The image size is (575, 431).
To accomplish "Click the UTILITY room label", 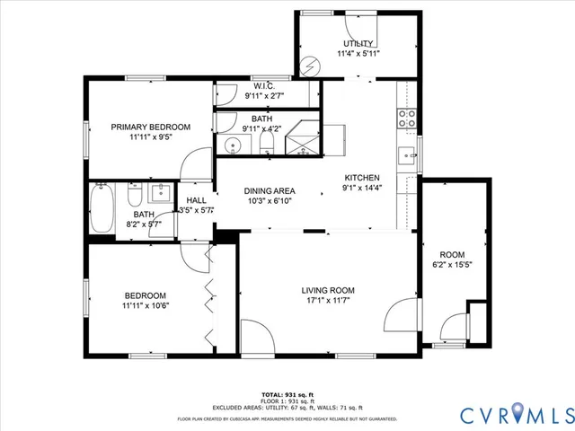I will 357,44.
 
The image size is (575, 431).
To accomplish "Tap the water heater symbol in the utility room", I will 311,66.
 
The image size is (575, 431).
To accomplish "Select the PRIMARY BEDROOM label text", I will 151,128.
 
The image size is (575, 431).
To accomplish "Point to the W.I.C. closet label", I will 263,86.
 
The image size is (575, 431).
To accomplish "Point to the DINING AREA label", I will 270,190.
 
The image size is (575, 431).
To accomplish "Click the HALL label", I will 196,200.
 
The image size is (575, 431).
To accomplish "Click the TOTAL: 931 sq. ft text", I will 287,394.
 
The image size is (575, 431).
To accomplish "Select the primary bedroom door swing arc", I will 190,162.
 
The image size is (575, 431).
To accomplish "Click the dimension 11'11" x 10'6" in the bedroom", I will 145,306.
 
